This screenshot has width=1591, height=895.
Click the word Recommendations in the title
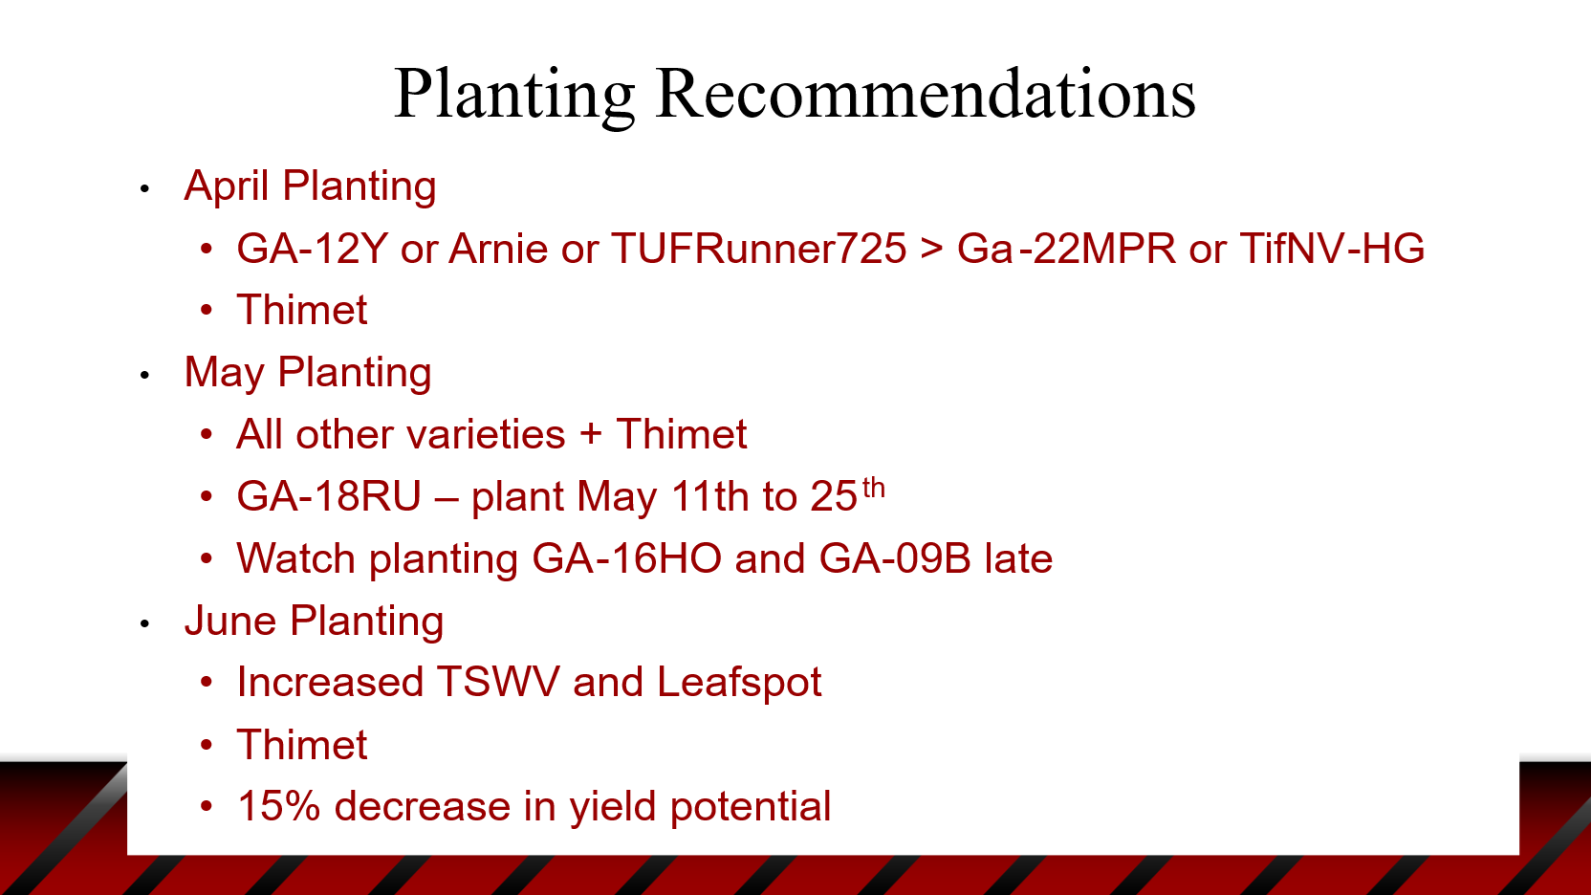point(926,94)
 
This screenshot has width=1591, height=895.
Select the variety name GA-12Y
point(312,249)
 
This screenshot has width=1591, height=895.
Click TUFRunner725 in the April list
point(758,249)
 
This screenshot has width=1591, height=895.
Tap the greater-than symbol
point(931,250)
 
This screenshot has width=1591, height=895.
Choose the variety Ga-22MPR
point(1066,249)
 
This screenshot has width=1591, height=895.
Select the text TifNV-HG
point(1332,249)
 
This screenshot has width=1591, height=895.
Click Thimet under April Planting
point(302,310)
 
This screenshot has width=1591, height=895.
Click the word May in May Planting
point(224,374)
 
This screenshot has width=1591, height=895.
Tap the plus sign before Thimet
point(590,435)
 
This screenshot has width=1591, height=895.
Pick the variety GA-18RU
point(329,496)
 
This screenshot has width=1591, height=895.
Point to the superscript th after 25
point(874,489)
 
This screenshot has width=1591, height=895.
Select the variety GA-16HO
point(626,558)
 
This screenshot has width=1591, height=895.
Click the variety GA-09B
point(894,558)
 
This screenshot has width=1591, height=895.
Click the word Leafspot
point(739,684)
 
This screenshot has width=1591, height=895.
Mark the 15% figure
point(278,807)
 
